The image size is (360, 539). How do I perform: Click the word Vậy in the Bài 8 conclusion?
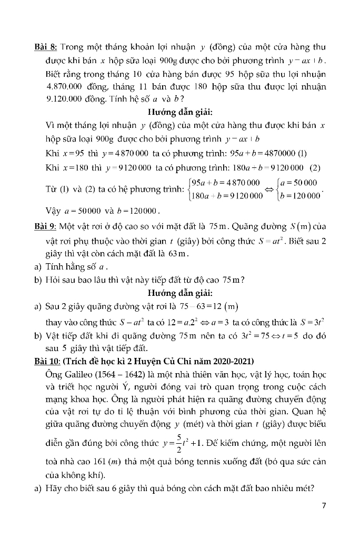(53, 211)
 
